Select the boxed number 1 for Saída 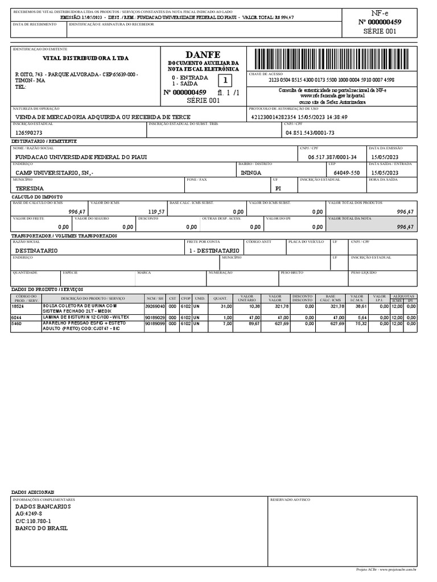point(225,80)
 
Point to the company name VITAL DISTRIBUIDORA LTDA point(86,59)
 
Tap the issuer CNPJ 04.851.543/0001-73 point(310,132)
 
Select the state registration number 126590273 point(29,132)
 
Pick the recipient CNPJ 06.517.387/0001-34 point(332,157)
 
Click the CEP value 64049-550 point(347,172)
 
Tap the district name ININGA point(251,172)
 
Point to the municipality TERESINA point(30,188)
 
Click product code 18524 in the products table point(18,306)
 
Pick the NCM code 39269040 point(154,306)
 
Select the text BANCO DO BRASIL point(41,528)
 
